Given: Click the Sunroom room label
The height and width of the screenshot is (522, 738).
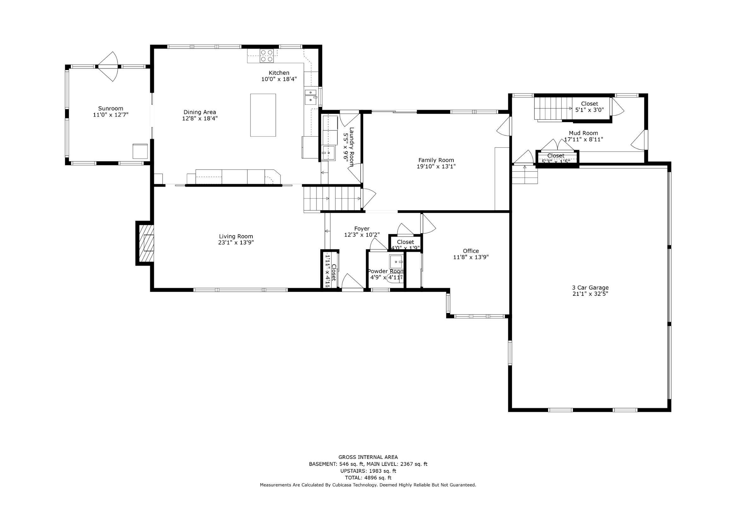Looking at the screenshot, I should point(110,109).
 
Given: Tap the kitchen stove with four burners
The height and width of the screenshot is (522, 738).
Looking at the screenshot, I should point(267,56).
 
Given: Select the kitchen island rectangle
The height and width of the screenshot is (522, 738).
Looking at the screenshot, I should point(263,115).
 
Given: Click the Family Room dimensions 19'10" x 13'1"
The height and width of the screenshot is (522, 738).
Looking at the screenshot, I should point(436,167).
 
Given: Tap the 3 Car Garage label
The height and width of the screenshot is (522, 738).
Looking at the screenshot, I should point(590,288).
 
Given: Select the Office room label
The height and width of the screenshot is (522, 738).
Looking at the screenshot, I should point(470,251).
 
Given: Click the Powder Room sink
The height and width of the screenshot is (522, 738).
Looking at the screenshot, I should point(396,261).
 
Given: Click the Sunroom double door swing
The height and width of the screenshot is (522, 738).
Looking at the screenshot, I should point(108,67).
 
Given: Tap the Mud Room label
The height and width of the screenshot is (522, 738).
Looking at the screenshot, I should point(583,133).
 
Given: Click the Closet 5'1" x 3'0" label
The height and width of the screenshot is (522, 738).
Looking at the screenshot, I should point(589,104).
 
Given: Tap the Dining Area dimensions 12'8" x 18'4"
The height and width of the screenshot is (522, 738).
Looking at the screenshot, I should point(200,118).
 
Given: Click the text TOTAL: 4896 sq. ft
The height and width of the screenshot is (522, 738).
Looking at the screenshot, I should point(368,478).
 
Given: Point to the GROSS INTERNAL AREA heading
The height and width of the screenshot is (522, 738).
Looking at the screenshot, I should point(368,457).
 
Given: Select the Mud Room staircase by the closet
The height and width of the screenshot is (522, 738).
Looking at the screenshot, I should point(553,109).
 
